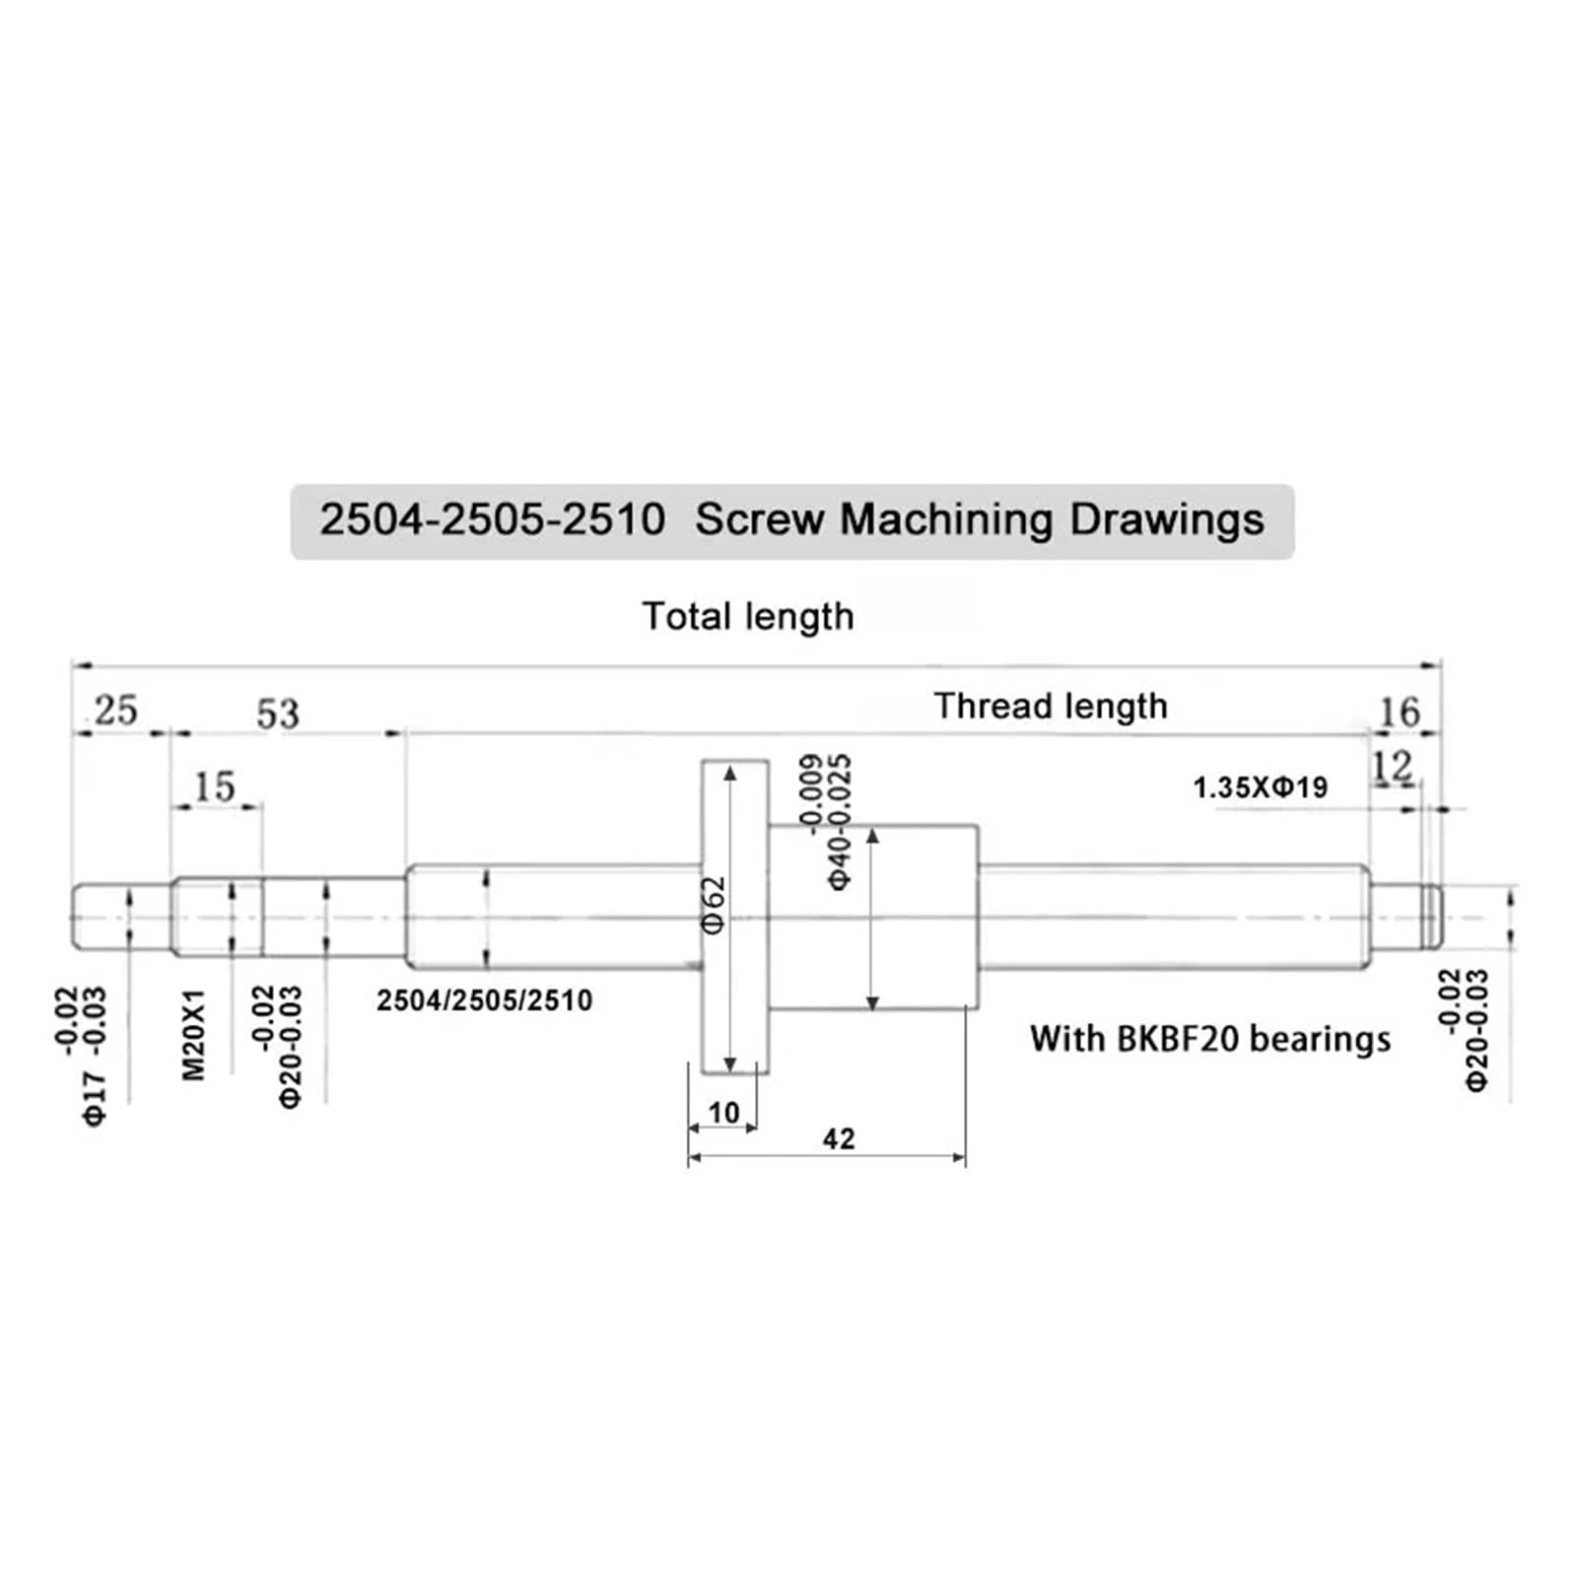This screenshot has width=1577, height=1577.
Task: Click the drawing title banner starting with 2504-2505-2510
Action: click(x=791, y=520)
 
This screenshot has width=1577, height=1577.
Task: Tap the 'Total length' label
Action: click(x=748, y=617)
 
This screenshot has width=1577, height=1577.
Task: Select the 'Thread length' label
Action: click(x=1051, y=707)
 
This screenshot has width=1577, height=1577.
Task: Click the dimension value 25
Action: click(x=116, y=711)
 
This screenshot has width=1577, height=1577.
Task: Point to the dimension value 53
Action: click(x=277, y=714)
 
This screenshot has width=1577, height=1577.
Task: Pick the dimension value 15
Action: click(x=215, y=788)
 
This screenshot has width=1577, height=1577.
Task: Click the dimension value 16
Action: click(x=1400, y=712)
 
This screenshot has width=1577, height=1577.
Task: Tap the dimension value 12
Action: click(x=1393, y=766)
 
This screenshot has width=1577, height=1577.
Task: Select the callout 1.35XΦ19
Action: click(x=1261, y=788)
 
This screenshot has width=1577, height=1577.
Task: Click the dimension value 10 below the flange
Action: click(x=723, y=1113)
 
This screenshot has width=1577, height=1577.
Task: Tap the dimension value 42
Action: click(x=839, y=1139)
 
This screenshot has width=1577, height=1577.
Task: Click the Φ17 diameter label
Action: click(x=95, y=1096)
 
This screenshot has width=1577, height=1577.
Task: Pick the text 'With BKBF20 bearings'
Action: click(x=1210, y=1039)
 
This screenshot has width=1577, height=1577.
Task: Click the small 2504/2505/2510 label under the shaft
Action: click(x=485, y=1001)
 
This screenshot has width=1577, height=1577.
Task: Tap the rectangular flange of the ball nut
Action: click(x=735, y=917)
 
